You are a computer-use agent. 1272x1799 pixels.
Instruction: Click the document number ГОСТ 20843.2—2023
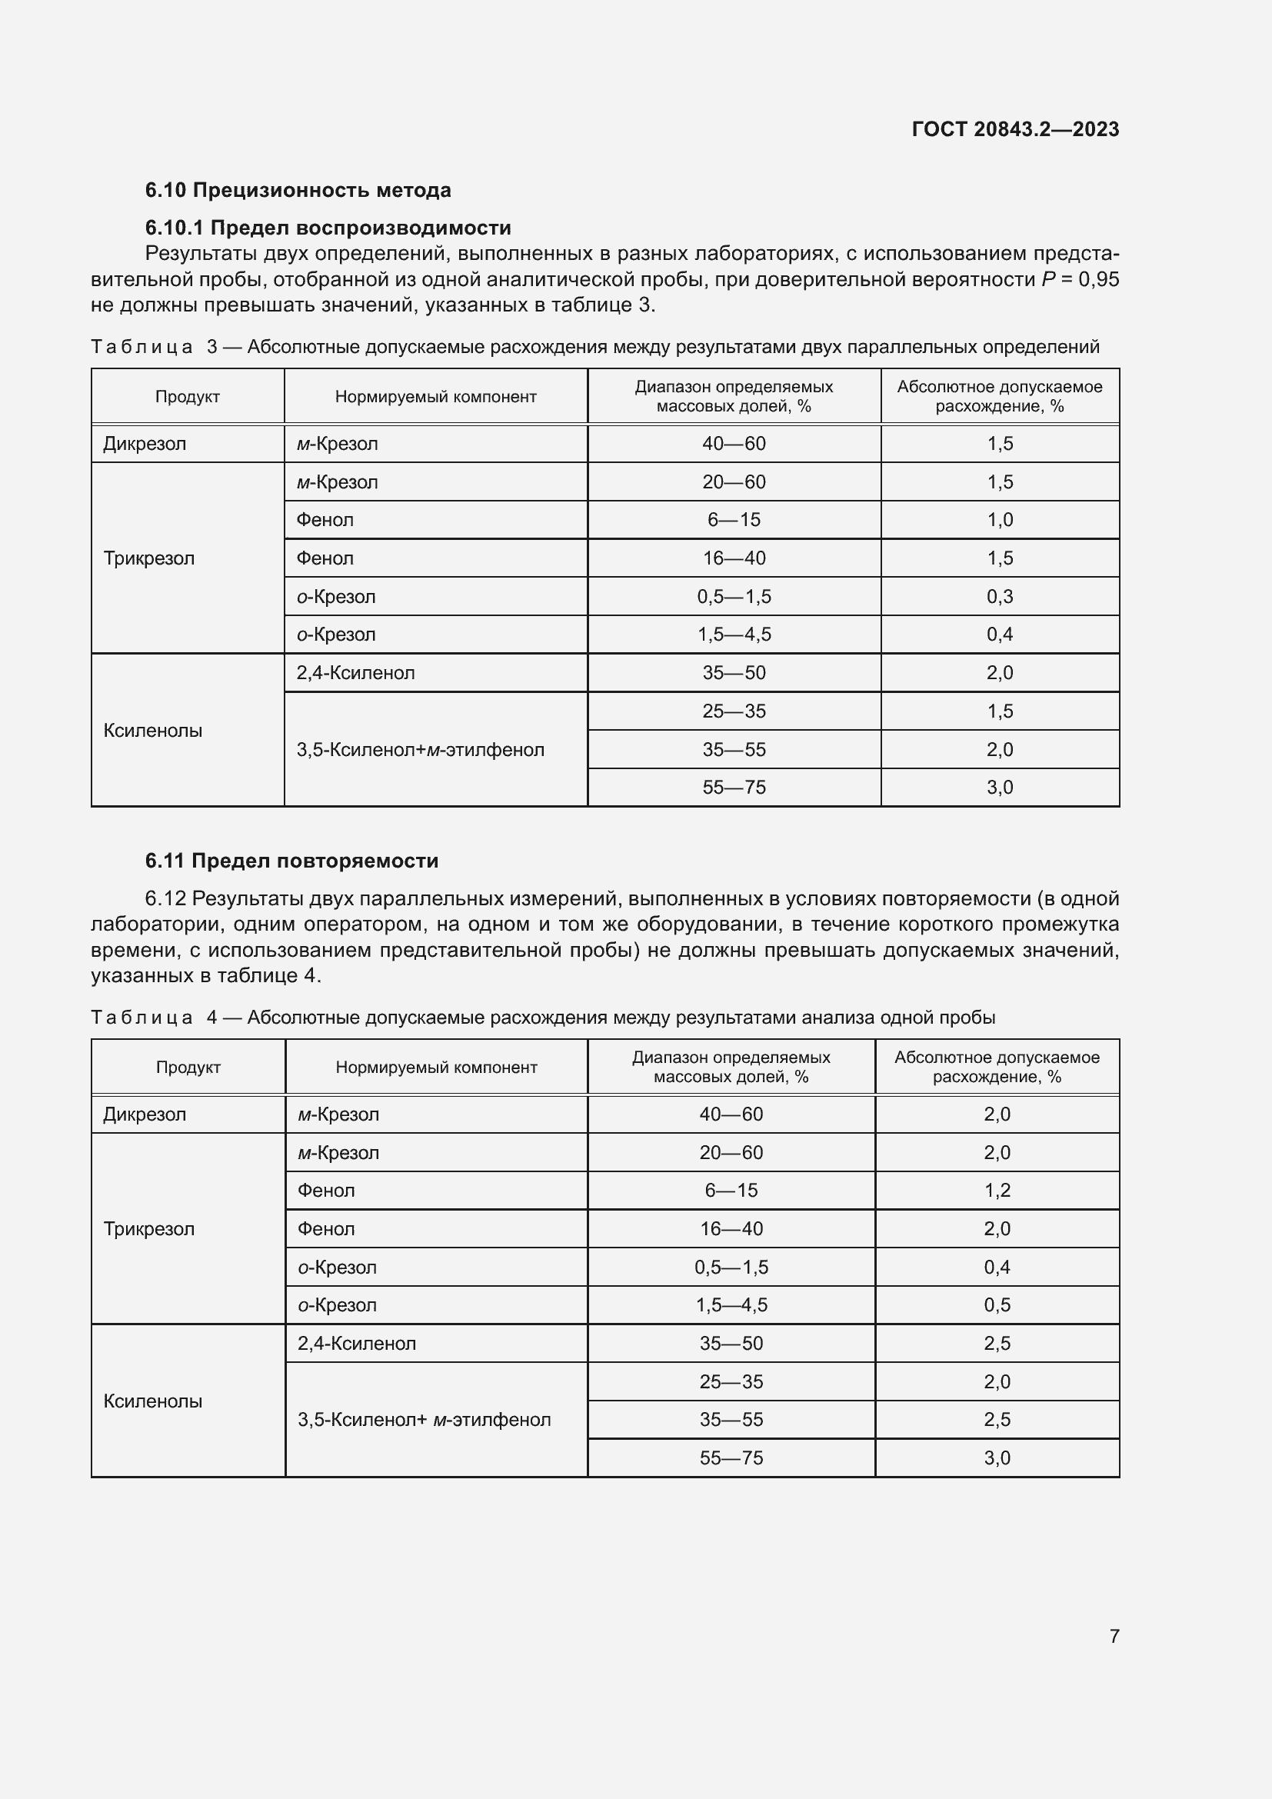1015,129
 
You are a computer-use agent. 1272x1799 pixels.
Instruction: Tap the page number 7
1114,1636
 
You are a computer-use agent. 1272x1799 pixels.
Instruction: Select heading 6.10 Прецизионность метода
298,191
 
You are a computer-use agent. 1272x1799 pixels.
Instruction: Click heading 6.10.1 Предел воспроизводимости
328,228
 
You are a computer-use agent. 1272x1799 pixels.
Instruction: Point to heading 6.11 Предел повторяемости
291,861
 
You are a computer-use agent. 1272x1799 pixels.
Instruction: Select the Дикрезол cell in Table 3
145,445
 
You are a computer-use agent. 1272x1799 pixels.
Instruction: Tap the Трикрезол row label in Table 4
149,1229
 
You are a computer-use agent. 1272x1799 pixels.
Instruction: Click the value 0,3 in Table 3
1000,597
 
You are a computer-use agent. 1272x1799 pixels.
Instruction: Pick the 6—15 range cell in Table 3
734,520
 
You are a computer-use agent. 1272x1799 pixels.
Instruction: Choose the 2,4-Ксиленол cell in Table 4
356,1344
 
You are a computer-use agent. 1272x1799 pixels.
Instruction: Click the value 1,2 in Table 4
997,1191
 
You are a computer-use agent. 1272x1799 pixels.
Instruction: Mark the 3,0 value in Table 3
1000,788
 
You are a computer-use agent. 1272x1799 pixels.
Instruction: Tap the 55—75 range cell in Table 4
731,1458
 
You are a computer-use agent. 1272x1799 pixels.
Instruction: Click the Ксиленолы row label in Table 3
153,731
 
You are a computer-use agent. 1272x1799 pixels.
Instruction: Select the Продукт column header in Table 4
188,1068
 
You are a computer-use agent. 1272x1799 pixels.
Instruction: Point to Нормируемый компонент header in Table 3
435,397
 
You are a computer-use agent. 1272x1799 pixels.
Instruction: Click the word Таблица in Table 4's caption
141,1018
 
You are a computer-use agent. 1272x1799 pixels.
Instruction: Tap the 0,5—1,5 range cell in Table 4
731,1268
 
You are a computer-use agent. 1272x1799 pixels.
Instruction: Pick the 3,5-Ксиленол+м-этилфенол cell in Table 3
420,750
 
